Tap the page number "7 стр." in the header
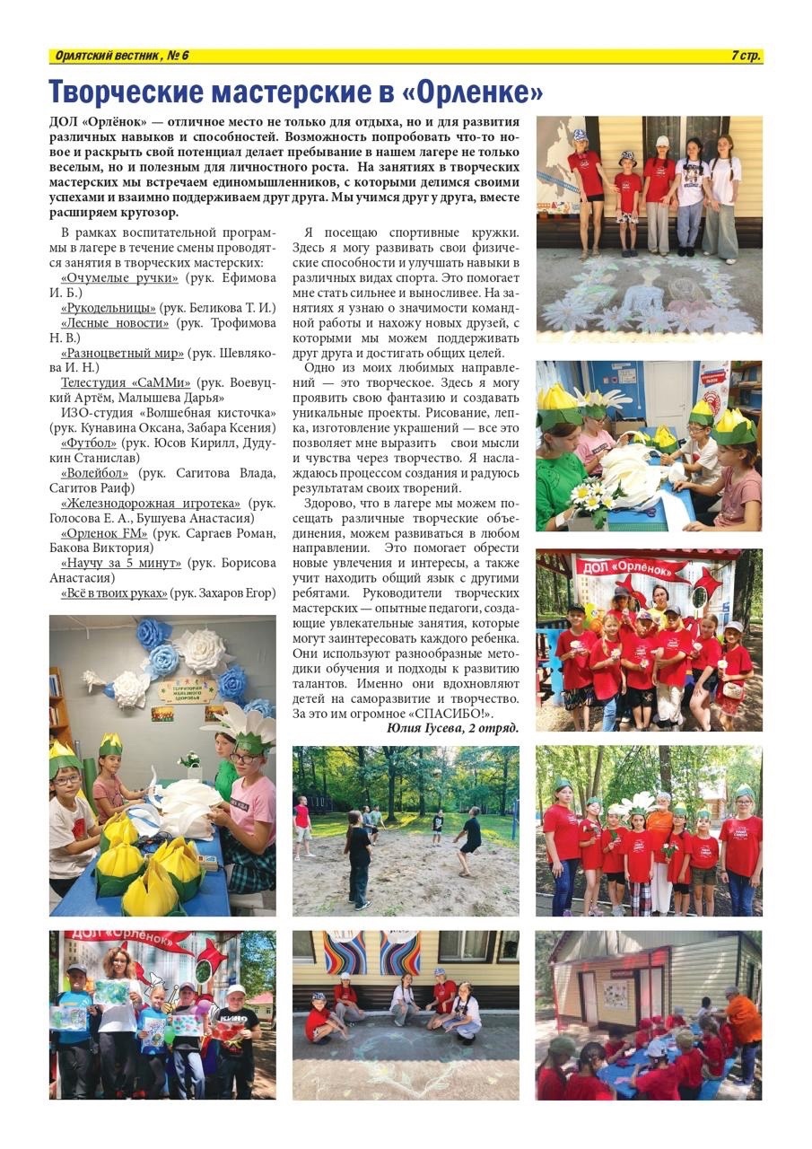746,57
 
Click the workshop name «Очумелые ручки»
125,278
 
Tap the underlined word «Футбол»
89,443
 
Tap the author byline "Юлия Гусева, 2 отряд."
452,728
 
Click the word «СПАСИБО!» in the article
461,713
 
